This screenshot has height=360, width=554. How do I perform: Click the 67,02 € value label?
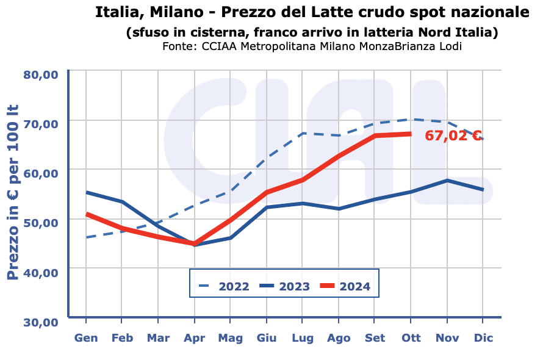(x=453, y=136)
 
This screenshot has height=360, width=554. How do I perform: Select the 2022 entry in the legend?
(x=226, y=286)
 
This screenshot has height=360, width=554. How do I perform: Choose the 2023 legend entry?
(x=286, y=286)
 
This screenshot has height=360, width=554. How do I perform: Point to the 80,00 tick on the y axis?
(x=40, y=74)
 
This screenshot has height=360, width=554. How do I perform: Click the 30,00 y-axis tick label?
(x=40, y=322)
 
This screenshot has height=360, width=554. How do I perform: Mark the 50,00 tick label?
(x=40, y=223)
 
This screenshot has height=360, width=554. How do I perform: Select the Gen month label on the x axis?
(x=86, y=338)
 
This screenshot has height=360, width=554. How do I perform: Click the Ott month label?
(x=411, y=338)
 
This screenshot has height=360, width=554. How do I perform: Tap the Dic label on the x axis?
(x=483, y=338)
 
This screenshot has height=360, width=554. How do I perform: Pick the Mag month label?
(x=231, y=338)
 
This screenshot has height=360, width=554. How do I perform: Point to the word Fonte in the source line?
(x=178, y=46)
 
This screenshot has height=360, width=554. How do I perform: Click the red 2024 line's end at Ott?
(x=411, y=134)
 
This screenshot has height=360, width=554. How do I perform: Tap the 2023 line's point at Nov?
(x=447, y=181)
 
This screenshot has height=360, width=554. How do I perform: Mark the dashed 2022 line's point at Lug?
(x=303, y=133)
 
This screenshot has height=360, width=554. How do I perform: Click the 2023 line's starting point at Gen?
(x=87, y=192)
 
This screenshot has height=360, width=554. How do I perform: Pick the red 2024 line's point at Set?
(x=375, y=135)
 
